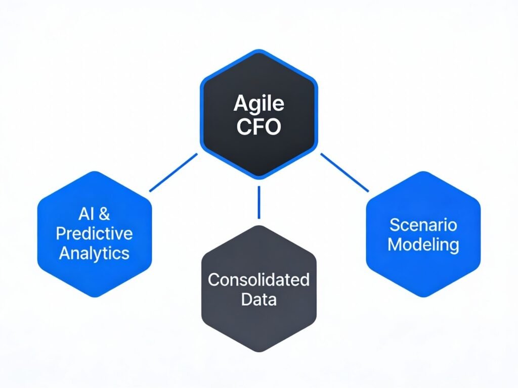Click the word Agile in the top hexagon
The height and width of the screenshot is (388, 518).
pyautogui.click(x=258, y=104)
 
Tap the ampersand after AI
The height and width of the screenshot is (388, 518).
pyautogui.click(x=103, y=214)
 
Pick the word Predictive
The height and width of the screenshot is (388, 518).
pyautogui.click(x=95, y=233)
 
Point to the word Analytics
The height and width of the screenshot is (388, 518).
pyautogui.click(x=95, y=253)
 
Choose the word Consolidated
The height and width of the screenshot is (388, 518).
pyautogui.click(x=258, y=279)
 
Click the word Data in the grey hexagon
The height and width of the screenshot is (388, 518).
pyautogui.click(x=258, y=299)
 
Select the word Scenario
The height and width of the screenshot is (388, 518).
pyautogui.click(x=423, y=225)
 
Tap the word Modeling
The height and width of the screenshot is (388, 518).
pyautogui.click(x=423, y=245)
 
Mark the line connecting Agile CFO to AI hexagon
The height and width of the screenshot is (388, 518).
pyautogui.click(x=173, y=173)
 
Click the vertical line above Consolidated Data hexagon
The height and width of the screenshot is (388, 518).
pyautogui.click(x=258, y=202)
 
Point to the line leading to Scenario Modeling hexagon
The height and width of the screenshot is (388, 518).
pyautogui.click(x=344, y=173)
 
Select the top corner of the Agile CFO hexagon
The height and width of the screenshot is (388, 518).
pyautogui.click(x=258, y=51)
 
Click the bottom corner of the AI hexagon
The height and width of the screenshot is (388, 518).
pyautogui.click(x=95, y=296)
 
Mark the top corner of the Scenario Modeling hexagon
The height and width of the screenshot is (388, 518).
pyautogui.click(x=423, y=172)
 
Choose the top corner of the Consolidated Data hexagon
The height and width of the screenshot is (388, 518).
pyautogui.click(x=258, y=226)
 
